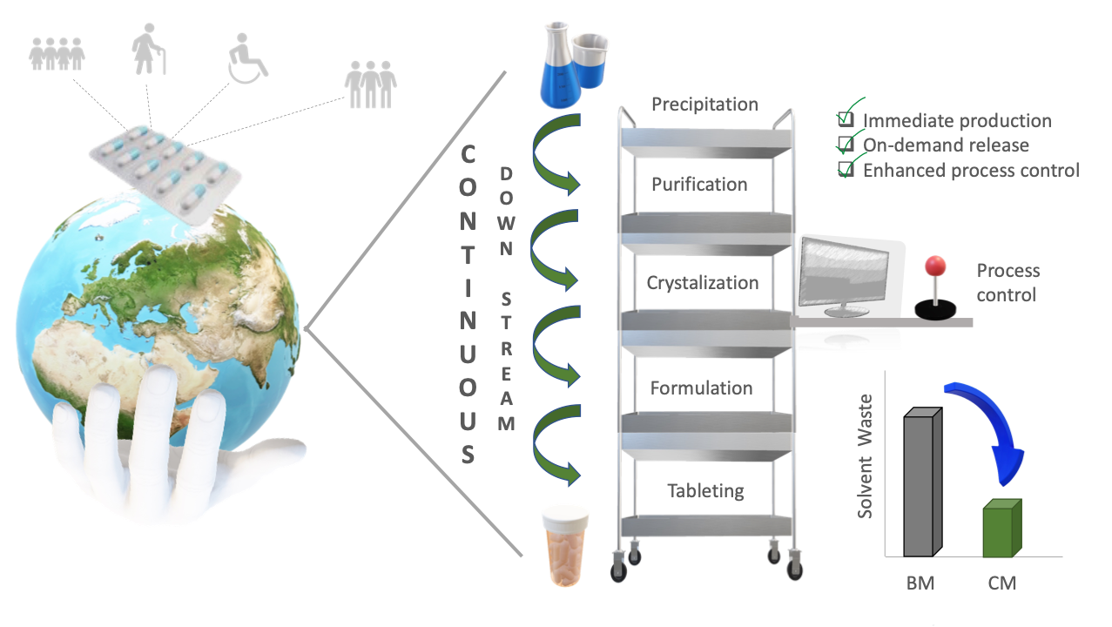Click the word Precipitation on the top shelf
(x=704, y=104)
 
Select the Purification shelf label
(x=699, y=185)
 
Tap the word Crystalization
(x=702, y=283)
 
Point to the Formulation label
(x=701, y=388)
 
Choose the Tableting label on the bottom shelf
(x=705, y=490)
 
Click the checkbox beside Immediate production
(x=845, y=119)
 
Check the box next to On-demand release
(x=845, y=144)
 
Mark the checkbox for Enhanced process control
(x=845, y=169)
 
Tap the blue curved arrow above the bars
(x=994, y=427)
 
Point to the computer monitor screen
(x=844, y=274)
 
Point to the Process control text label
(x=1008, y=283)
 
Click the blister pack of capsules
(x=165, y=166)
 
